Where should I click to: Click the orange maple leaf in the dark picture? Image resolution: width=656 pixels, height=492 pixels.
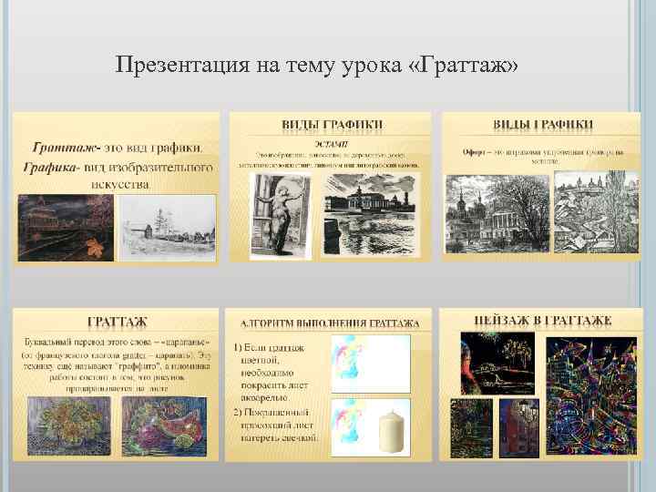click(93, 244)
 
